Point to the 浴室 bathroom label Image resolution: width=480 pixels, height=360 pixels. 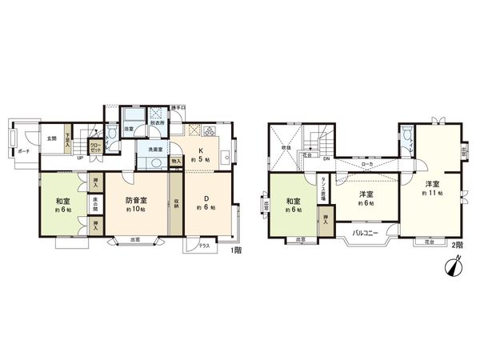click(128, 128)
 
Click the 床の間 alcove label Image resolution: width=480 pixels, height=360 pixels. click(95, 200)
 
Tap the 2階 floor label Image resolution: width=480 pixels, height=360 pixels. click(458, 245)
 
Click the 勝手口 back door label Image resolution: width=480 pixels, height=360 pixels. click(178, 107)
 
